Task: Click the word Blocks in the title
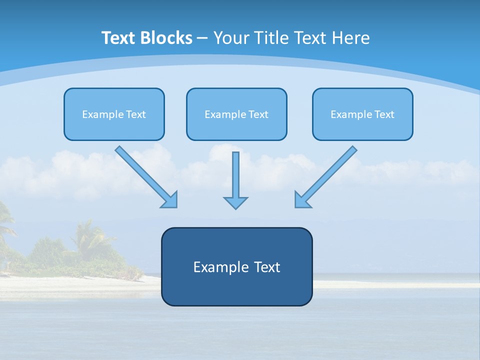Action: [165, 38]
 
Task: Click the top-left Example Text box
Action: [114, 114]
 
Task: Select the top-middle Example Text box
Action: [236, 114]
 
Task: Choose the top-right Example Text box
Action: [362, 114]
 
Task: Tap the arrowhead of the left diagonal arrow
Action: [170, 200]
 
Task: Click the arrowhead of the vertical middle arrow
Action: [235, 202]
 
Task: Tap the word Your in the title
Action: [230, 38]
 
